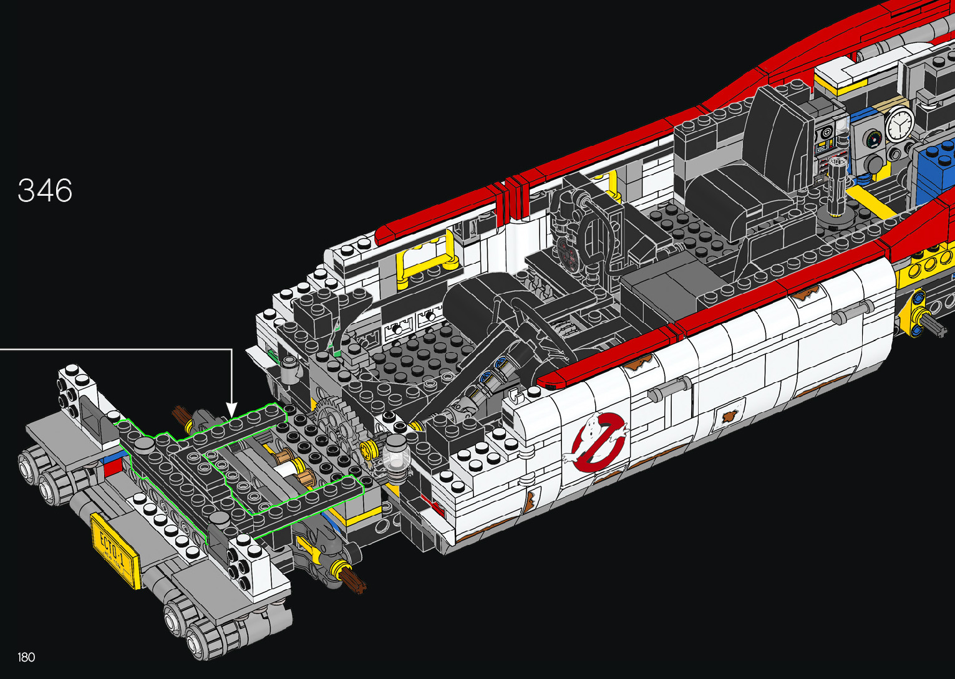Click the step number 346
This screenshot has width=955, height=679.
point(45,190)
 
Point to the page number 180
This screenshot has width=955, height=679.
point(26,657)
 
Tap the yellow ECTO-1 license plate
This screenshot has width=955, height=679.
point(115,551)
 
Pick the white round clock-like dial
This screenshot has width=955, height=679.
point(899,124)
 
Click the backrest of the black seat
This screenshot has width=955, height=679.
point(780,137)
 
